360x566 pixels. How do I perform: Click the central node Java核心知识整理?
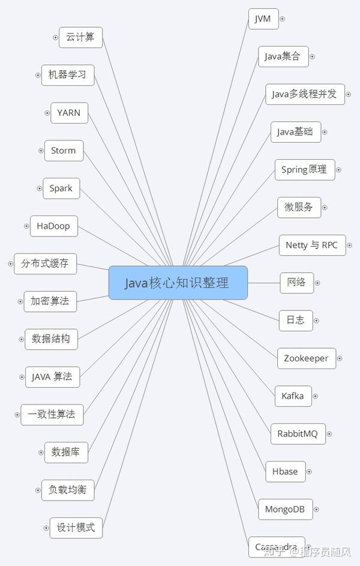tap(178, 283)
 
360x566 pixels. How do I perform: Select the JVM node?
tap(263, 19)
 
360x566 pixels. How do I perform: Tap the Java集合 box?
tap(283, 57)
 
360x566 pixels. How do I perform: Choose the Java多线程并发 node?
tap(304, 94)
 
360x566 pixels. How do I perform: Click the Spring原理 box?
tap(304, 170)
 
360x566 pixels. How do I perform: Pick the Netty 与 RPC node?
tap(311, 245)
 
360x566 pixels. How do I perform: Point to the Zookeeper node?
tap(306, 358)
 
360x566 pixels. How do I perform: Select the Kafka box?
tap(293, 396)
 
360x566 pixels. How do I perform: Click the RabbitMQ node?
tap(298, 433)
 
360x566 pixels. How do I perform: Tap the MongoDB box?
tap(285, 510)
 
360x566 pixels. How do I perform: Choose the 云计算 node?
tap(80, 37)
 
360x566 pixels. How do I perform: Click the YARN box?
tap(69, 113)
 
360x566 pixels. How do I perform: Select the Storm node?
tap(64, 151)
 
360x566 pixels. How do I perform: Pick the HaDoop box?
tap(53, 226)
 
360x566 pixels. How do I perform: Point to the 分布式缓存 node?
tap(45, 263)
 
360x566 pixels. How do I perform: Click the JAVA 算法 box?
tap(52, 377)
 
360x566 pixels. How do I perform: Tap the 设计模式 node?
tap(76, 528)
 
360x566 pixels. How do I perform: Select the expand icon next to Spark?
tap(38, 188)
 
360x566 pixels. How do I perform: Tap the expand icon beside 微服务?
tap(325, 208)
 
